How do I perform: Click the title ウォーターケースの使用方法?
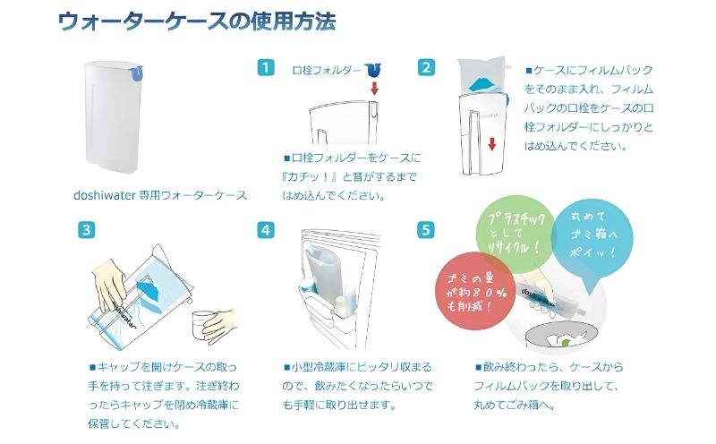coord(197,22)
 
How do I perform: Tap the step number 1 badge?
coord(265,68)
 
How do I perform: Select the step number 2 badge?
coord(427,68)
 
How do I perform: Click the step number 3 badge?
coord(86,229)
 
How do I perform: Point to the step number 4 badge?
coord(265,229)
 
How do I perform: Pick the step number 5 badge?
coord(427,229)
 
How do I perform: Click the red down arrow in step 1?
coord(375,88)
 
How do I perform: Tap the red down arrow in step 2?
coord(491,144)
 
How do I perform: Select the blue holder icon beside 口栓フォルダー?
coord(374,68)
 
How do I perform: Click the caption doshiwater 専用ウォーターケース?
coord(160,194)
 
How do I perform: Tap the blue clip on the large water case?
coord(135,74)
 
